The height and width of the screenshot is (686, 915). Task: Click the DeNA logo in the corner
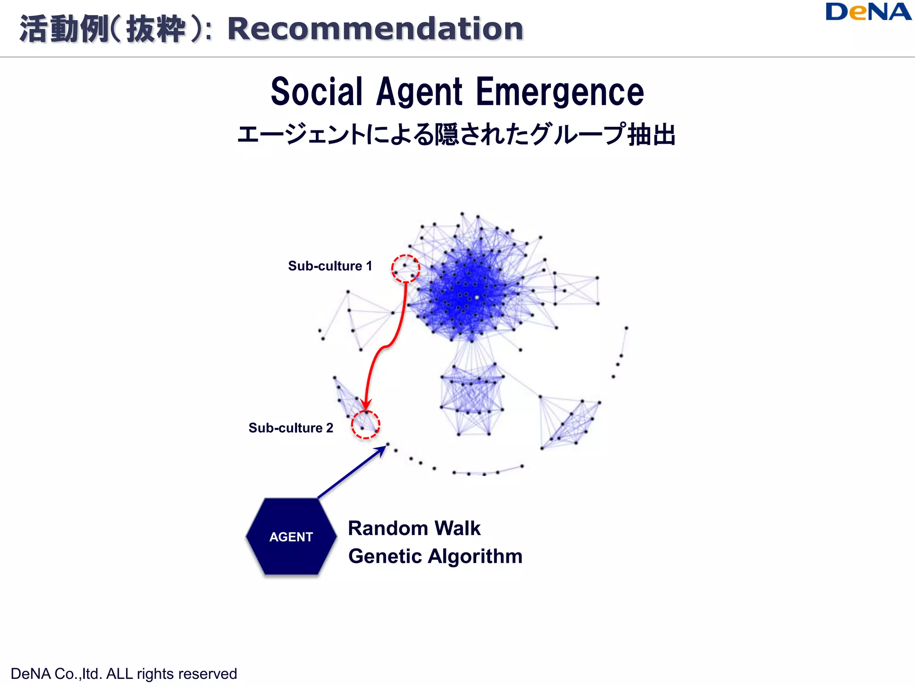[x=868, y=12]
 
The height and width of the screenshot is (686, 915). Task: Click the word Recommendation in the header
[x=375, y=29]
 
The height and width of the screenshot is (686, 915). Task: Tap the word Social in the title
[x=316, y=92]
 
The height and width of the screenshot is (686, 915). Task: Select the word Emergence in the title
[x=560, y=92]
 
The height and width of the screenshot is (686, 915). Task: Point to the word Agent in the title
[x=419, y=92]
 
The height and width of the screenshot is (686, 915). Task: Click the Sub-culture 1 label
[x=330, y=266]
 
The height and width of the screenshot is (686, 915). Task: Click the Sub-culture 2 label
[x=291, y=428]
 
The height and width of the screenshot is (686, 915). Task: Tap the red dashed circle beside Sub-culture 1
[x=406, y=268]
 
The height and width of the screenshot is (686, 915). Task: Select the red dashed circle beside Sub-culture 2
[x=365, y=425]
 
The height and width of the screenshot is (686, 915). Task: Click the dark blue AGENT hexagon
[x=291, y=536]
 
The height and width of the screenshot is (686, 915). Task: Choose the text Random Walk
[x=414, y=528]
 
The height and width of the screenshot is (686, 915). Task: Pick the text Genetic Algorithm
[x=435, y=556]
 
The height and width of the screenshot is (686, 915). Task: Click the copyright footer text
[x=124, y=673]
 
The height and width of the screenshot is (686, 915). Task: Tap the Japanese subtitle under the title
[x=456, y=134]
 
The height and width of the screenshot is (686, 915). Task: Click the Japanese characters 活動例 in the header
[x=64, y=29]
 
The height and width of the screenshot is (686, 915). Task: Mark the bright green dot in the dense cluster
[x=477, y=297]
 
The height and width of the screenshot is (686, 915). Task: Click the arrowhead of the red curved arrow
[x=366, y=405]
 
